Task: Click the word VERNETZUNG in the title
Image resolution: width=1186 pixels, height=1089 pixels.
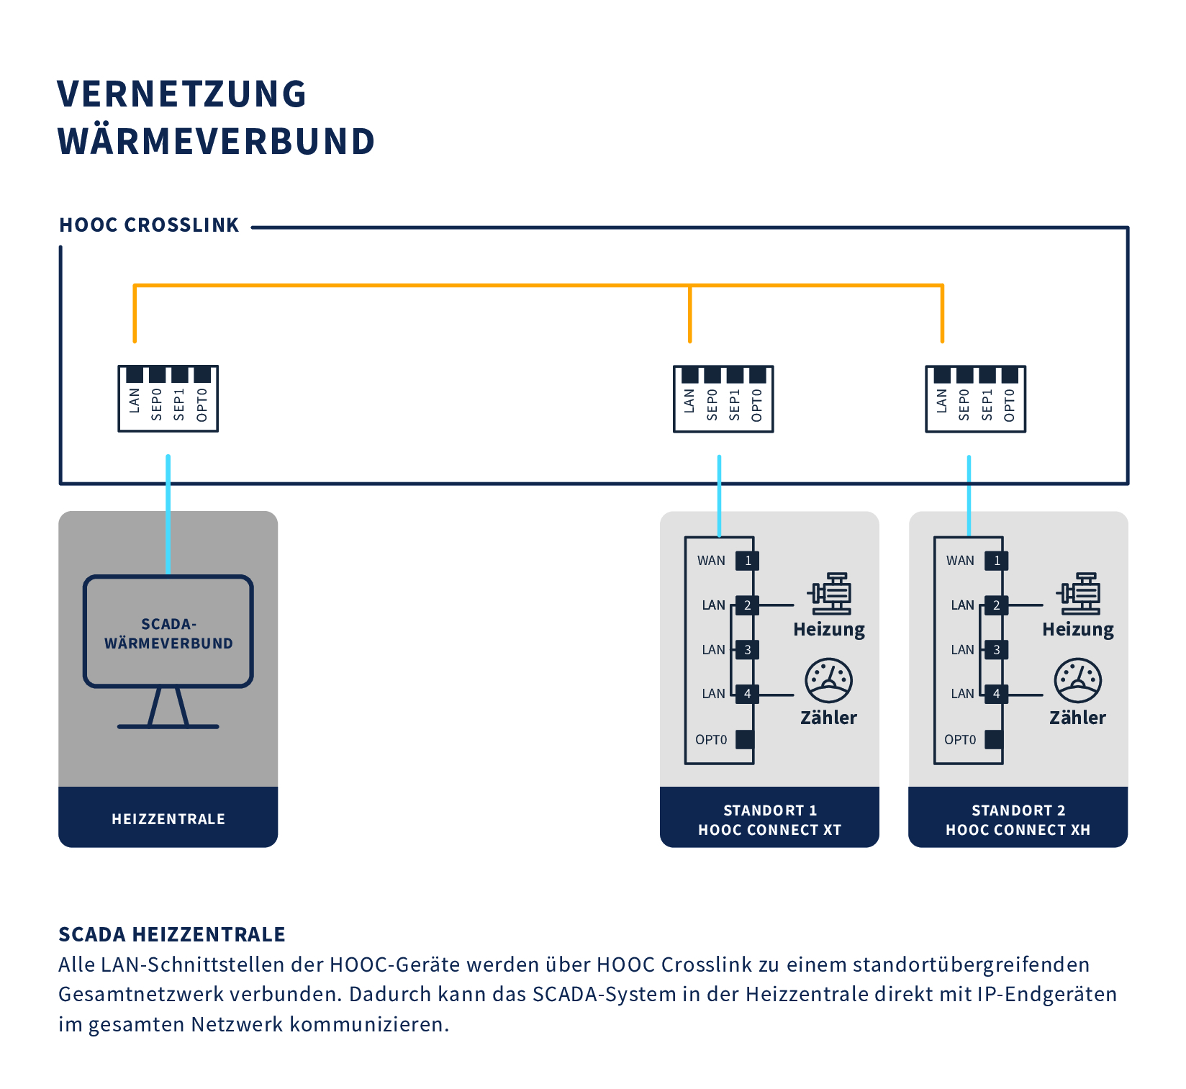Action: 181,94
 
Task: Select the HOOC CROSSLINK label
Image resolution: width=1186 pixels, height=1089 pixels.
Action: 149,225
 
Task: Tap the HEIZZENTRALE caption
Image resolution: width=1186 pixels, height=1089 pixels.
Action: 168,819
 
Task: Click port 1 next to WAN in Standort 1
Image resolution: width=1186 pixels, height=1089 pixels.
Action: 747,561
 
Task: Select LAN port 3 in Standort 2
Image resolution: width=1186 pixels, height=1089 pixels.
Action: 996,650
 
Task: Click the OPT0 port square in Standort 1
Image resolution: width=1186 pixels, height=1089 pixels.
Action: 745,739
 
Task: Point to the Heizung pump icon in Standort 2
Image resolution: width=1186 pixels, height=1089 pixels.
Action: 1078,594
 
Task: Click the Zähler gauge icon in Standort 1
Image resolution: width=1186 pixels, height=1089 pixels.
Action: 828,680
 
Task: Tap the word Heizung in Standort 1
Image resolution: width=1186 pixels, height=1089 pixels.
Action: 829,630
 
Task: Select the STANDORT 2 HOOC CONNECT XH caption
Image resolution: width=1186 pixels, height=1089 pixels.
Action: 1018,820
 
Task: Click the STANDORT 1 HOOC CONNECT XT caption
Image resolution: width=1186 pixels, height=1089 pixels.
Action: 769,820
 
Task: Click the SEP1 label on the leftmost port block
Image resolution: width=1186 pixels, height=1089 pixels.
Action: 179,405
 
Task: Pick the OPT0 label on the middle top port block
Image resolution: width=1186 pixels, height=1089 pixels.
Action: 756,405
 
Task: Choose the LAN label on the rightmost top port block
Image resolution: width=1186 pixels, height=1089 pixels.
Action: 941,401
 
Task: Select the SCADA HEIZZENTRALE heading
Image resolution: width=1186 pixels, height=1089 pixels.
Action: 172,934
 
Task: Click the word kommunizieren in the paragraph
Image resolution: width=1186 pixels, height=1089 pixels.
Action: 369,1024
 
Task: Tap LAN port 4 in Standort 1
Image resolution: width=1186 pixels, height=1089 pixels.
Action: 747,694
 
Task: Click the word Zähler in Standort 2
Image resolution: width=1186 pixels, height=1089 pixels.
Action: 1077,718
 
